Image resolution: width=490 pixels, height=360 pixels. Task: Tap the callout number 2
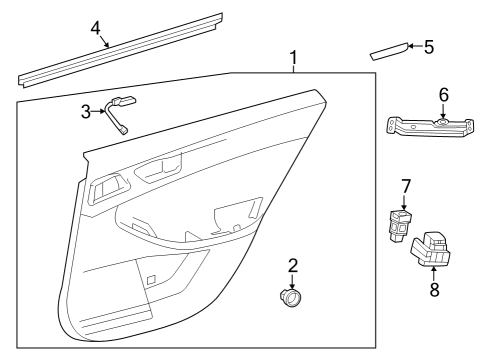(293, 265)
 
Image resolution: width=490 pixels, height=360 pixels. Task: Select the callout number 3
(86, 110)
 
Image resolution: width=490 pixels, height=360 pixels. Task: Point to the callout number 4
(96, 28)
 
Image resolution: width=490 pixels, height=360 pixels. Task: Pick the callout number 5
(429, 46)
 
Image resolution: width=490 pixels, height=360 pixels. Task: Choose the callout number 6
(443, 95)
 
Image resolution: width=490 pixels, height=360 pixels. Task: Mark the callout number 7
(406, 185)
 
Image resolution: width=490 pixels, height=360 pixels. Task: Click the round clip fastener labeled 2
(293, 298)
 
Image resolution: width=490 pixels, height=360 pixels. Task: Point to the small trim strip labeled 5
(389, 52)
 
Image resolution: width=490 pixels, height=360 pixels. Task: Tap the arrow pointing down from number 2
(293, 281)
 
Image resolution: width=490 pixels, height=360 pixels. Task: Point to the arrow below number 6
(443, 112)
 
